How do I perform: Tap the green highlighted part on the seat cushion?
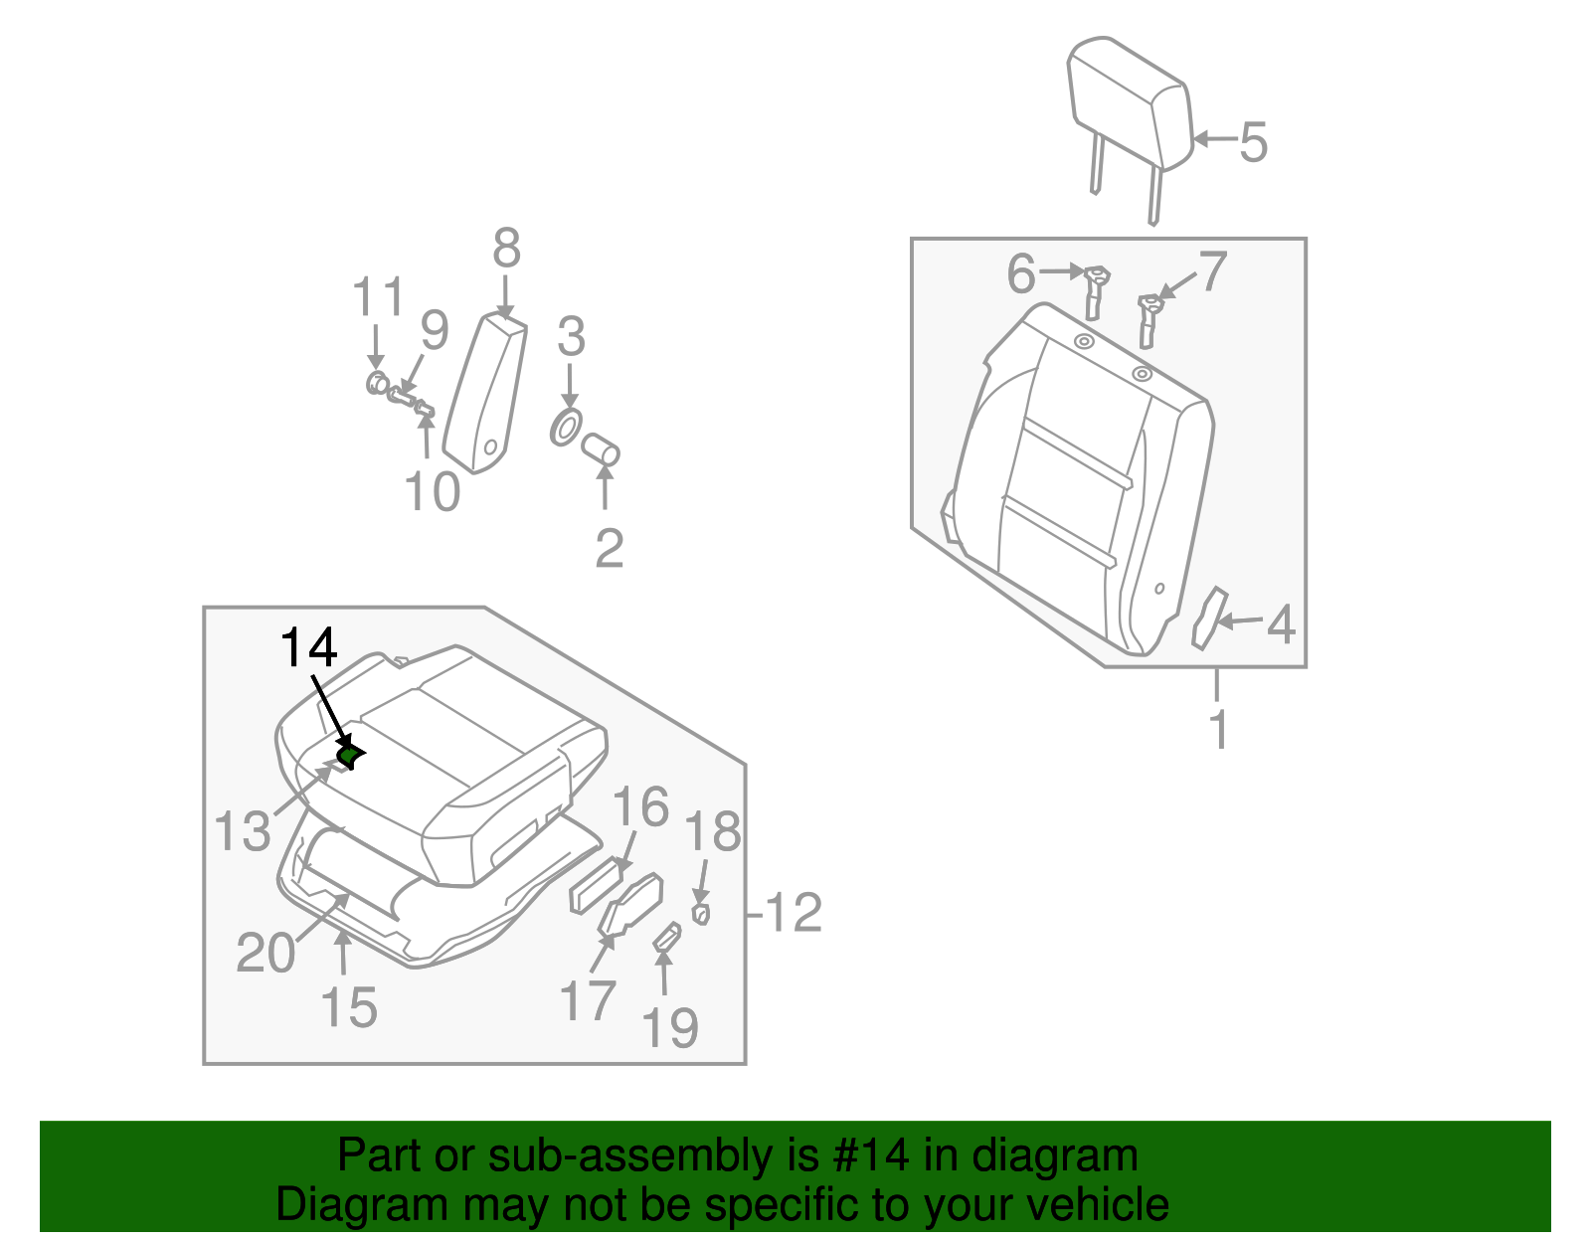coord(349,756)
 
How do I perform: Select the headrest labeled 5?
coord(1128,104)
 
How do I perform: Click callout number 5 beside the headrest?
coord(1253,141)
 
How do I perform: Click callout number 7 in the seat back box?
coord(1212,271)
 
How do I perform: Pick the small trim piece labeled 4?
coord(1207,618)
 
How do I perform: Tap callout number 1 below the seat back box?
coord(1218,729)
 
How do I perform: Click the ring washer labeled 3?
coord(566,429)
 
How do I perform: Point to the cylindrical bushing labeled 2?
coord(601,449)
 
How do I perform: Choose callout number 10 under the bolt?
coord(433,491)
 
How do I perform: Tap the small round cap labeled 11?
coord(377,383)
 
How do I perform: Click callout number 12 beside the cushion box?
coord(794,912)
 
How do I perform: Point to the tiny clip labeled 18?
coord(700,912)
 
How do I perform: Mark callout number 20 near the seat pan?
coord(265,953)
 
